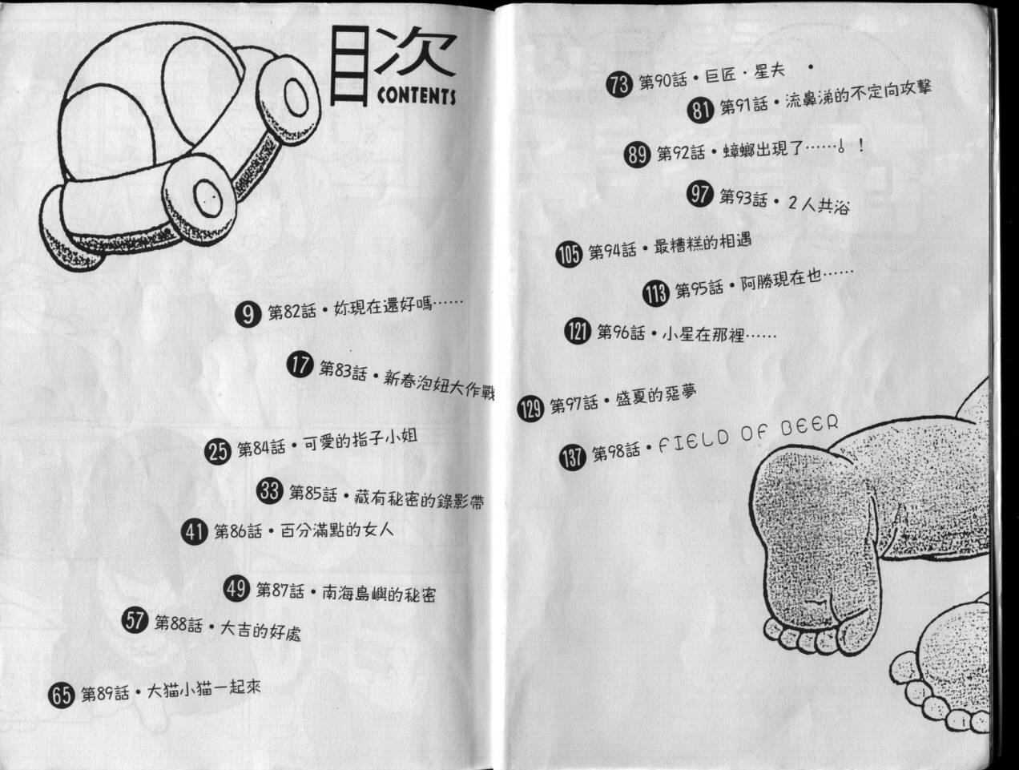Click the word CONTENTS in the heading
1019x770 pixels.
416,96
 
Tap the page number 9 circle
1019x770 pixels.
249,314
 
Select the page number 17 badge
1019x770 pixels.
299,367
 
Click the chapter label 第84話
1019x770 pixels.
260,449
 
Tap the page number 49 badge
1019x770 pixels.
236,589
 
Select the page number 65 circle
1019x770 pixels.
62,694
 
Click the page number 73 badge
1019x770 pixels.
619,85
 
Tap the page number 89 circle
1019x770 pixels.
638,154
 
